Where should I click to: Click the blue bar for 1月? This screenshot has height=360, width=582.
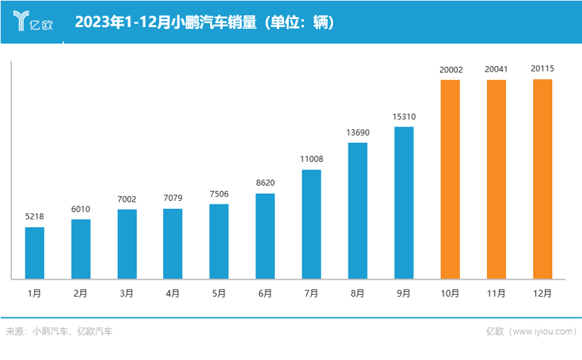(35, 253)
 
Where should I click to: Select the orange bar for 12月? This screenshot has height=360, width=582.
(542, 179)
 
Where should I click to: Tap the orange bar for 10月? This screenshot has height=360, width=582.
(450, 179)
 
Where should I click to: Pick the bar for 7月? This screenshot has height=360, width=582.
(312, 224)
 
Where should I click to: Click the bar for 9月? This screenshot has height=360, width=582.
(404, 202)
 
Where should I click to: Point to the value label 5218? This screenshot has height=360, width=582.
(35, 217)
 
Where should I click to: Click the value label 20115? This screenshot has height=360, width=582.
(542, 69)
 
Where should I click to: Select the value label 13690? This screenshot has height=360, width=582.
(358, 133)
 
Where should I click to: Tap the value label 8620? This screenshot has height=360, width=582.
(265, 183)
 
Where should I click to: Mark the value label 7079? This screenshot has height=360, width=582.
(172, 199)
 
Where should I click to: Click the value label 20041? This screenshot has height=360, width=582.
(496, 70)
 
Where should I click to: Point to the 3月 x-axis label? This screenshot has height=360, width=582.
(126, 293)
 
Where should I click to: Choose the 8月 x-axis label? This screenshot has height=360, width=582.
(358, 293)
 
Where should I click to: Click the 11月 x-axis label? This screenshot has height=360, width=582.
(496, 293)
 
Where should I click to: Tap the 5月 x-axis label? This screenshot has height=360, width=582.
(219, 293)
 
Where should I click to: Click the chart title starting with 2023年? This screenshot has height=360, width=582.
(204, 22)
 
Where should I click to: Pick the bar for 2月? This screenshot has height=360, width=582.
(81, 249)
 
